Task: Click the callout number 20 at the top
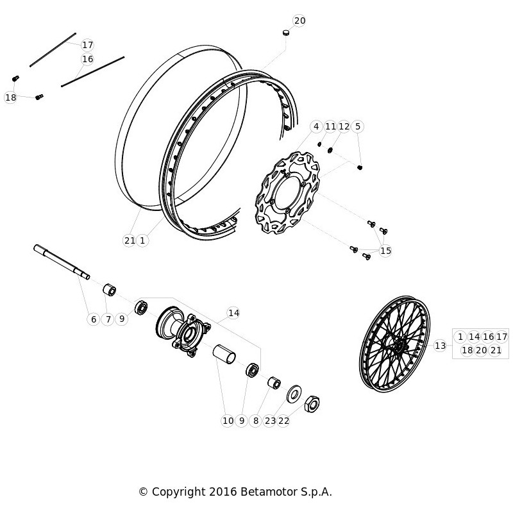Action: [299, 21]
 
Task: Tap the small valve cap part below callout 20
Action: [287, 33]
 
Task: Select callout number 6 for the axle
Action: [94, 319]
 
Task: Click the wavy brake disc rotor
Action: [287, 193]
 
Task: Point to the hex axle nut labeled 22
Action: [312, 404]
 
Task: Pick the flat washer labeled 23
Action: [294, 394]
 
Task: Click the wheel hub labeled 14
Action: [183, 331]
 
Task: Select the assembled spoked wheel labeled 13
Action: [394, 344]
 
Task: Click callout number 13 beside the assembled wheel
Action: [440, 346]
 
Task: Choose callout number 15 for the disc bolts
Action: [385, 251]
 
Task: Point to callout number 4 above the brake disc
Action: [316, 126]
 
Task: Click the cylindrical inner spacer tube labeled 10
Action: [224, 354]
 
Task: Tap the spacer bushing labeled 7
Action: [110, 290]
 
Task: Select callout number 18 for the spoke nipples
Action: [10, 97]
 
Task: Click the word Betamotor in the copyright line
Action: [269, 492]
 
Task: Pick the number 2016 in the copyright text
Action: [223, 492]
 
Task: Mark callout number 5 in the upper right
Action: [358, 126]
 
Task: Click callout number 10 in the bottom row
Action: [228, 421]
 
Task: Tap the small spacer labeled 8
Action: [274, 383]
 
